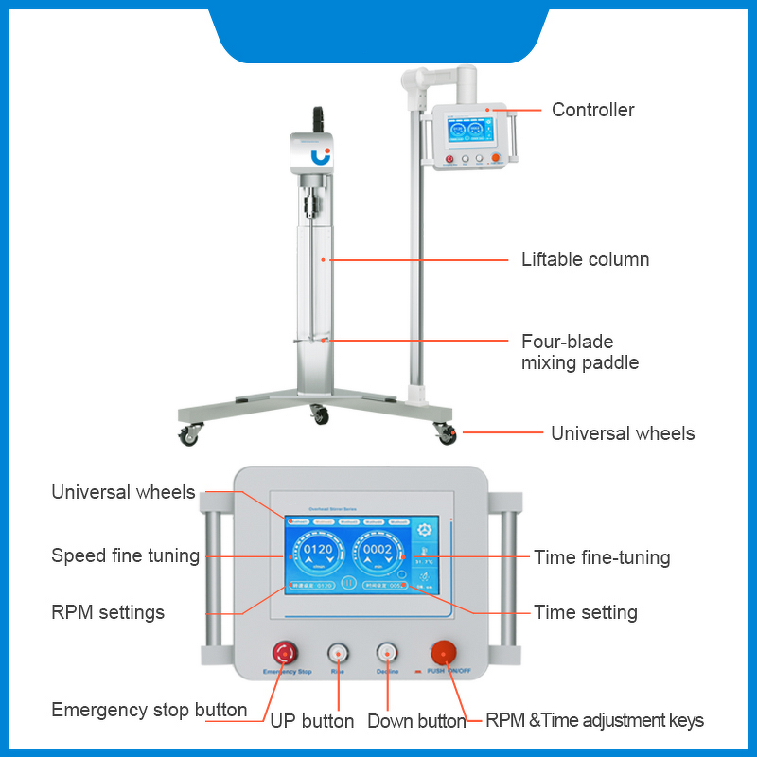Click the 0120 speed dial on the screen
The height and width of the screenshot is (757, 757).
pos(317,554)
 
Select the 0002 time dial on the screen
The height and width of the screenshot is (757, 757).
pos(378,554)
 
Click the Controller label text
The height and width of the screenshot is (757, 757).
pos(592,110)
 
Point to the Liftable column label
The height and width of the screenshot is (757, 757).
pos(585,258)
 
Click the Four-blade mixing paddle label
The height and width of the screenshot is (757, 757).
pos(580,352)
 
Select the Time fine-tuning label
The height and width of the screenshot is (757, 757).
pos(602,557)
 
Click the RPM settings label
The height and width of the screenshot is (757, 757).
pos(108,612)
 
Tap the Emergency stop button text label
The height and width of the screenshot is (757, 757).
pos(149,710)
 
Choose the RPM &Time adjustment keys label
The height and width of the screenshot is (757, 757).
pos(594,720)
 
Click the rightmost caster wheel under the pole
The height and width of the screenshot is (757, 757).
pos(445,433)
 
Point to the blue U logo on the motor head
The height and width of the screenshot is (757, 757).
pos(321,154)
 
